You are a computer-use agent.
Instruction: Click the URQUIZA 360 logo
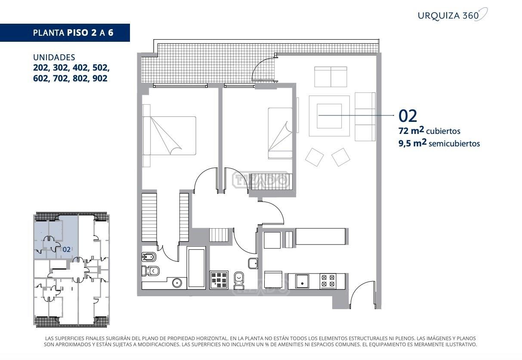[452, 15]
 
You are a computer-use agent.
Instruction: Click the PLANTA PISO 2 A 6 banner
[65, 33]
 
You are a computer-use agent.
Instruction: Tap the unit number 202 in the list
[41, 68]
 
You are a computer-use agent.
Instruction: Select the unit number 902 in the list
[100, 78]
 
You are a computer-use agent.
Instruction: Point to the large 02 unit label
[408, 116]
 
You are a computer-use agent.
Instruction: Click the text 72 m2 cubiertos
[429, 130]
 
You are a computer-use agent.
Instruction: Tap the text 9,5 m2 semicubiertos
[439, 143]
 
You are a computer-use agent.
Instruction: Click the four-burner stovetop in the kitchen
[328, 281]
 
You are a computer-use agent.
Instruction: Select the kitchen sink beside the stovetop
[302, 281]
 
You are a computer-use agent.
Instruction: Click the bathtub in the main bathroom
[196, 268]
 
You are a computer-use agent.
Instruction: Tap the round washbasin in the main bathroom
[177, 283]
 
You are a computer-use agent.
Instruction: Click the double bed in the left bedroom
[169, 136]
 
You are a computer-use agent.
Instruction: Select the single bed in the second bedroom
[280, 133]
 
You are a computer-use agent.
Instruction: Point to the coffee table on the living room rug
[329, 116]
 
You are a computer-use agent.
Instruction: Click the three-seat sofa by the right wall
[365, 117]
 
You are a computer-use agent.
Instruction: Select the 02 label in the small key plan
[66, 249]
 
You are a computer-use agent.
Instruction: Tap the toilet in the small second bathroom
[239, 280]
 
